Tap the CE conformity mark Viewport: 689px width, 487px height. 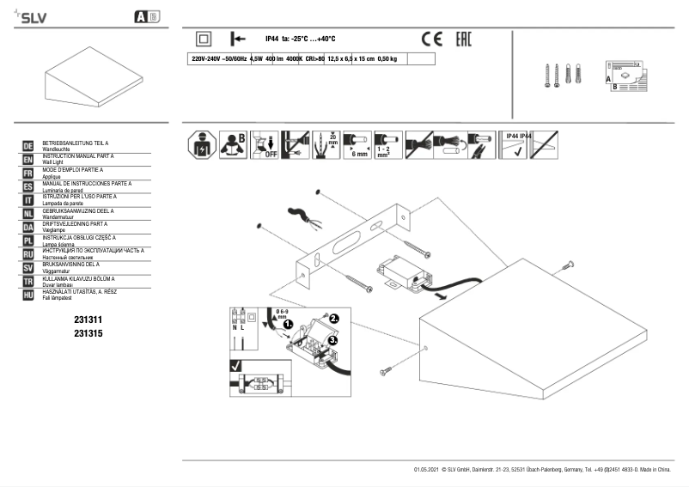(431, 39)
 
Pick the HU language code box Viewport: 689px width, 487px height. (28, 294)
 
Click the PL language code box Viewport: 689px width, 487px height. (28, 240)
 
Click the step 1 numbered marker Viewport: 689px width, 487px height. (289, 325)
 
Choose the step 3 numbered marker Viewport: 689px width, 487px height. (332, 340)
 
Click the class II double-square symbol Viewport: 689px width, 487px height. (204, 39)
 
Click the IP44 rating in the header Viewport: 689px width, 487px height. (272, 39)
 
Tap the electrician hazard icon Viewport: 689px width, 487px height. (201, 144)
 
